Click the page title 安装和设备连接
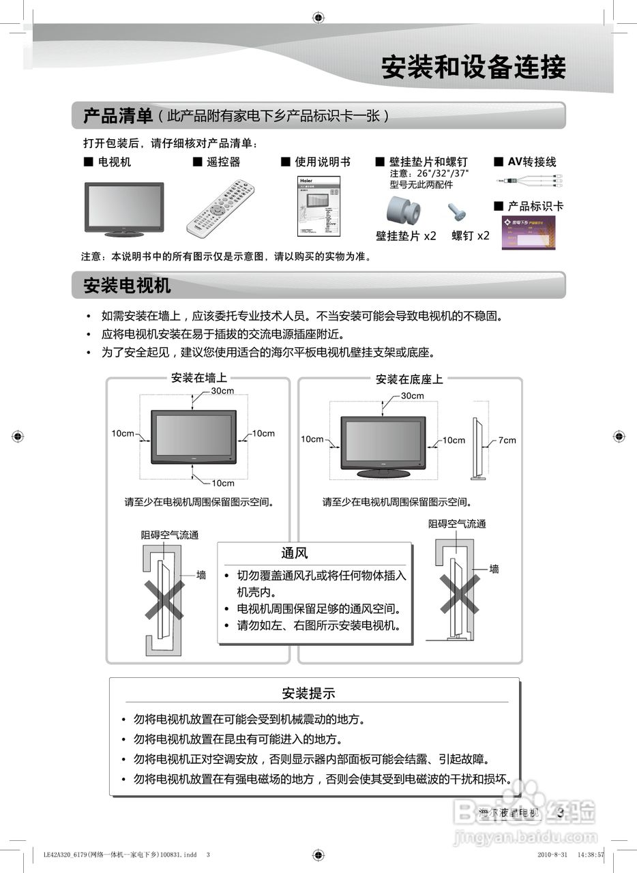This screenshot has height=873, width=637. coord(473,68)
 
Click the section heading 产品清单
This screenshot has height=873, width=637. coord(117,116)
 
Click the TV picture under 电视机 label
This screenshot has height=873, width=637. coord(123,209)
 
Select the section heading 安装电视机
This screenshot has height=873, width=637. coord(127,285)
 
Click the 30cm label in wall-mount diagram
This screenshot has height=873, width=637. coord(222,391)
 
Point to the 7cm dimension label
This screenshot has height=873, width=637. coord(507,440)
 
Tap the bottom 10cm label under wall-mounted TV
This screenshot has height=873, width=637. coord(222,483)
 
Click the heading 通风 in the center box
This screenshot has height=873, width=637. coord(295,553)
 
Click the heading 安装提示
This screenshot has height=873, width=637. coord(308,693)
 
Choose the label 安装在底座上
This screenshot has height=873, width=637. coord(409,379)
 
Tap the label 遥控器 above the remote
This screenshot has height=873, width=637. coord(223,162)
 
